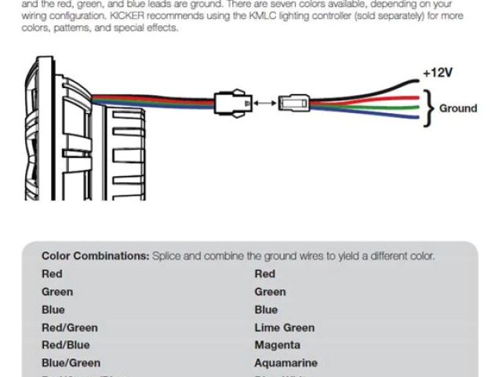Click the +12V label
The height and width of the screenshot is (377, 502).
pyautogui.click(x=437, y=73)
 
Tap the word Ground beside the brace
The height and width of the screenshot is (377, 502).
pyautogui.click(x=458, y=108)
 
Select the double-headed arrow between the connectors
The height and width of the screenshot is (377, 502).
pyautogui.click(x=265, y=102)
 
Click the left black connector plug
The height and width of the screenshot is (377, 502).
pyautogui.click(x=232, y=103)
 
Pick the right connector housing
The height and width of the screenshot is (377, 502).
pyautogui.click(x=296, y=103)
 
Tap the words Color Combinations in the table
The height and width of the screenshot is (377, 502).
pyautogui.click(x=95, y=255)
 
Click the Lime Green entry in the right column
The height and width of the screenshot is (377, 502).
pyautogui.click(x=284, y=328)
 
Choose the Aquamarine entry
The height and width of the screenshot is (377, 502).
pyautogui.click(x=286, y=363)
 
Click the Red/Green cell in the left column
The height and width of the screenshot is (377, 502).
pyautogui.click(x=70, y=328)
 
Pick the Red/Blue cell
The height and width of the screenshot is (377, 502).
pyautogui.click(x=66, y=345)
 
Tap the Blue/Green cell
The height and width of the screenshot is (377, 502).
pyautogui.click(x=71, y=363)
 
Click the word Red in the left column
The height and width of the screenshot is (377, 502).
pyautogui.click(x=52, y=273)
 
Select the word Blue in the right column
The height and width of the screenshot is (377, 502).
pyautogui.click(x=266, y=309)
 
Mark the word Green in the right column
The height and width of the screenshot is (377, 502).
pyautogui.click(x=271, y=291)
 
